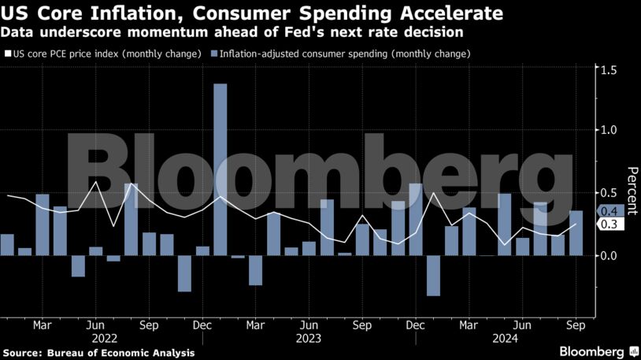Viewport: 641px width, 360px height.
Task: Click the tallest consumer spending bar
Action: pos(220,169)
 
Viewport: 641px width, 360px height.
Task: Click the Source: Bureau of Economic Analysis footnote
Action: pos(98,352)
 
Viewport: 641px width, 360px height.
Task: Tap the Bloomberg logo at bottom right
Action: pos(592,351)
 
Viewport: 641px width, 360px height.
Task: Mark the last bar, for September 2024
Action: pos(576,233)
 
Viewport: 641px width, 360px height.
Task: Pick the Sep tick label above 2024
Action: pos(576,325)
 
